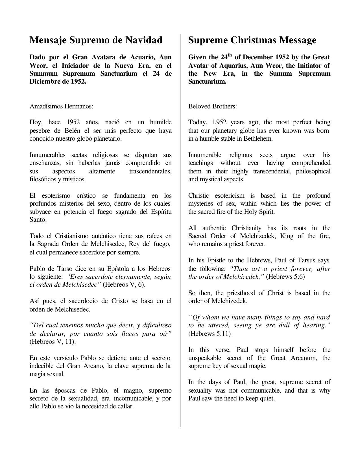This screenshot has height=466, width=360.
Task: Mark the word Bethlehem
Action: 257,139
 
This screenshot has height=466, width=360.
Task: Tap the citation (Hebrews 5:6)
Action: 285,277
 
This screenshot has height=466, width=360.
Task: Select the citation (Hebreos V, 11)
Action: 53,342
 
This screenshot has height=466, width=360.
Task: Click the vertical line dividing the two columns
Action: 180,226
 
